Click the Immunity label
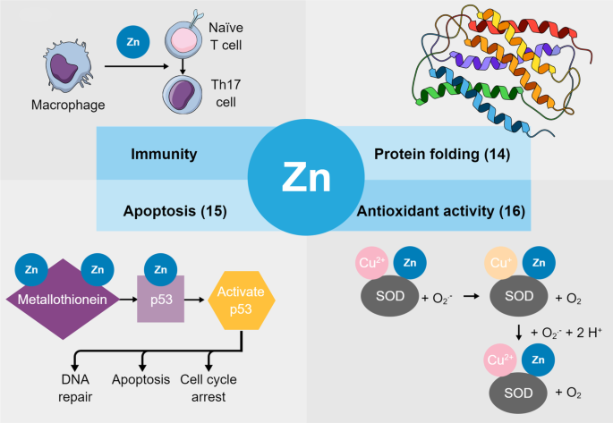164,154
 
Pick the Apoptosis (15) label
174,212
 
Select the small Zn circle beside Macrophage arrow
132,42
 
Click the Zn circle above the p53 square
158,268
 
